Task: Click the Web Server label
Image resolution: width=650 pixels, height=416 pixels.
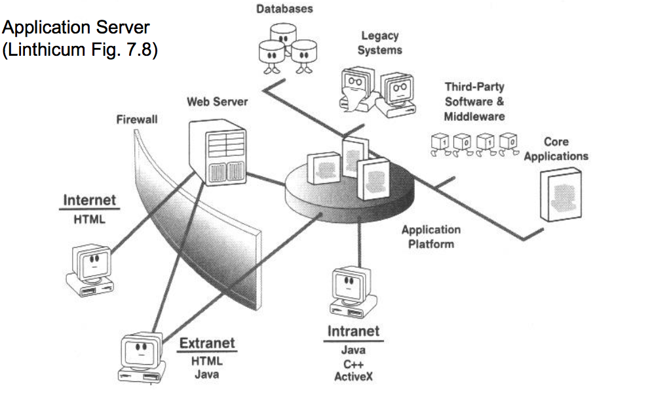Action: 217,102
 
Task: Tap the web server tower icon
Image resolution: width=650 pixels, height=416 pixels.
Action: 216,152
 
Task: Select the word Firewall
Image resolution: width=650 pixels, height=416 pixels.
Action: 136,119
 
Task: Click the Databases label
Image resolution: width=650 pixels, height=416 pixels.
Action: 284,9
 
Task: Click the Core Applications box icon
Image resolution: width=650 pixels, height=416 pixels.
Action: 561,194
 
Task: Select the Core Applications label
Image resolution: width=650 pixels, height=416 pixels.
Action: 556,149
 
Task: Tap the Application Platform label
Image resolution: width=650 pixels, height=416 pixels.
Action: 430,236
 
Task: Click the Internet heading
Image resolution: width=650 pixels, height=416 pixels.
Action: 89,199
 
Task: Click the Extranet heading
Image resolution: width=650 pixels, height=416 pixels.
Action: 207,343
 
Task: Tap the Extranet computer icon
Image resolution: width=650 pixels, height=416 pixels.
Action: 140,358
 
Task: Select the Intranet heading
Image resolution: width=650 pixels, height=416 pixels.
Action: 353,331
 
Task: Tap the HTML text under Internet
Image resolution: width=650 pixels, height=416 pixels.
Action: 89,219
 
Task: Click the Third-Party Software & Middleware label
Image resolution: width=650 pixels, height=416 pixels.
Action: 474,102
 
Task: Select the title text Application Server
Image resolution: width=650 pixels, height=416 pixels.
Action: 76,28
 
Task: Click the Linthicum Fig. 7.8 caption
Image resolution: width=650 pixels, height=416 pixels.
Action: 80,51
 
